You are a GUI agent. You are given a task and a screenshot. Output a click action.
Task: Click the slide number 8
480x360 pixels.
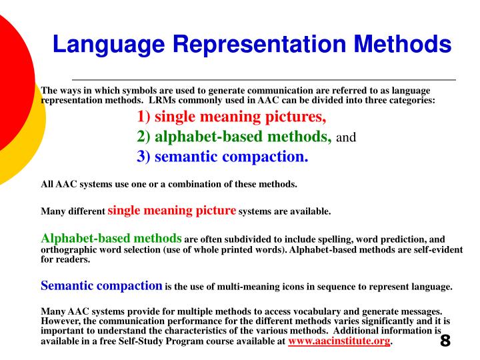(x=445, y=341)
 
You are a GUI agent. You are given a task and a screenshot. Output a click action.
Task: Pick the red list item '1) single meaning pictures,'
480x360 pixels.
(x=231, y=118)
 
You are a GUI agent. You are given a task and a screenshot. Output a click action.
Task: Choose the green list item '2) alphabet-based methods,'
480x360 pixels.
(x=234, y=137)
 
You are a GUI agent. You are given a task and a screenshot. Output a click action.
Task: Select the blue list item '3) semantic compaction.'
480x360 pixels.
(x=223, y=157)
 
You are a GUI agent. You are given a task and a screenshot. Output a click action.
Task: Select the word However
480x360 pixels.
(x=61, y=321)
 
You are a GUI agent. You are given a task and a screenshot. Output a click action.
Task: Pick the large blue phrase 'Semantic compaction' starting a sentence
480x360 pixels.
(x=102, y=286)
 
